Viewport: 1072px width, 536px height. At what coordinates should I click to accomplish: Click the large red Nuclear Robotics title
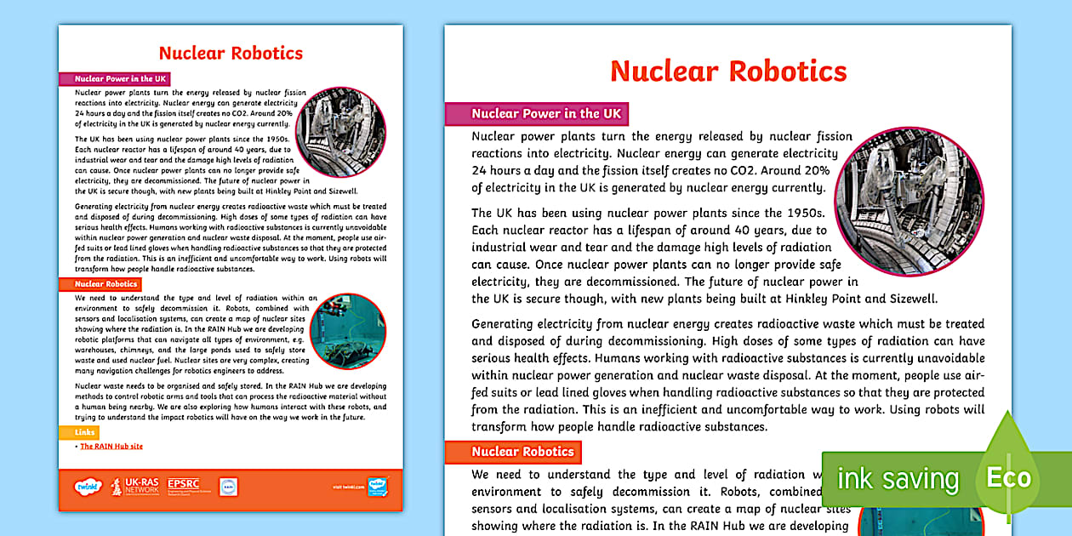click(728, 71)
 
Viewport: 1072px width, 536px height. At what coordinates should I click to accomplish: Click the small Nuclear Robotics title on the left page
click(231, 54)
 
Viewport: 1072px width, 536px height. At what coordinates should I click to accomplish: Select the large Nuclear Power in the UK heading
click(545, 114)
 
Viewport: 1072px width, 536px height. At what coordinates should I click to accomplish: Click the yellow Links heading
click(85, 432)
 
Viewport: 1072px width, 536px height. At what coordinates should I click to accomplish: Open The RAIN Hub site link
click(111, 446)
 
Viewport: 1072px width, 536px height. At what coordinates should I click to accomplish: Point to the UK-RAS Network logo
click(135, 487)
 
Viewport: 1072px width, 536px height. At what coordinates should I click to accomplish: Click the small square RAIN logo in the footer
click(228, 487)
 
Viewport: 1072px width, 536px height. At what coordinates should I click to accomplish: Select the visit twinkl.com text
click(348, 488)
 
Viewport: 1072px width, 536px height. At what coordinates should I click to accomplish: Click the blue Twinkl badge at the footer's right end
click(377, 487)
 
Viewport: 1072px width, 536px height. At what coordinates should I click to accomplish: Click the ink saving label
click(898, 479)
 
